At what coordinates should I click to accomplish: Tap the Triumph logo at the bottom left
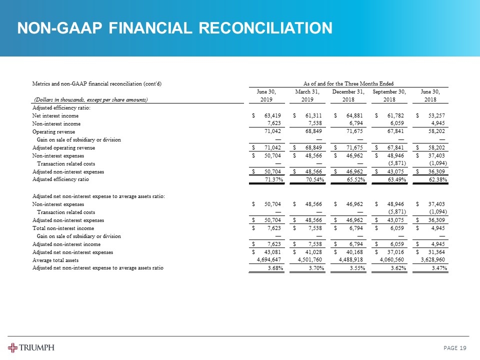[31, 347]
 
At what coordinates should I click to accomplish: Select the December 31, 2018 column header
[349, 95]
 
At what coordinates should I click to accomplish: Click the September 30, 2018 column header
[389, 95]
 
